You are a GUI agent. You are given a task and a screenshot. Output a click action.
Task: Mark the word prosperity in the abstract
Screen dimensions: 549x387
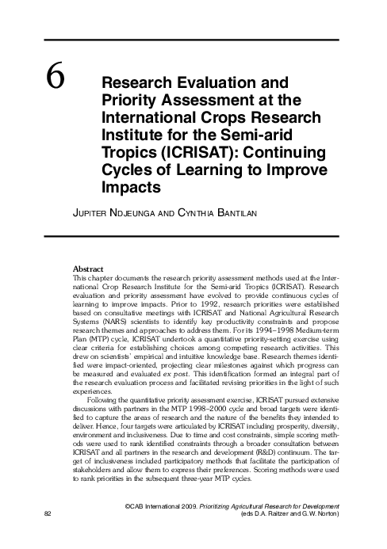[280, 427]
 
